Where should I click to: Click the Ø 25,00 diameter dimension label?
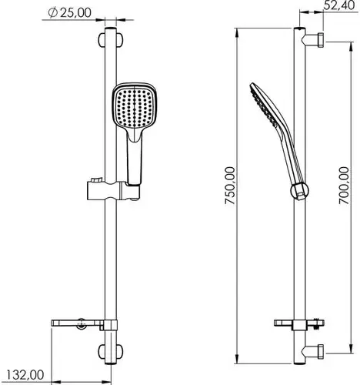point(69,13)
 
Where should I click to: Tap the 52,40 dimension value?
point(339,5)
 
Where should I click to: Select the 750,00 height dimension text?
point(230,186)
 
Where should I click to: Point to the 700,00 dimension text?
point(344,186)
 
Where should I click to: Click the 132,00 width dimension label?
point(25,375)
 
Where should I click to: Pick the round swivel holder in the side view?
point(299,191)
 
